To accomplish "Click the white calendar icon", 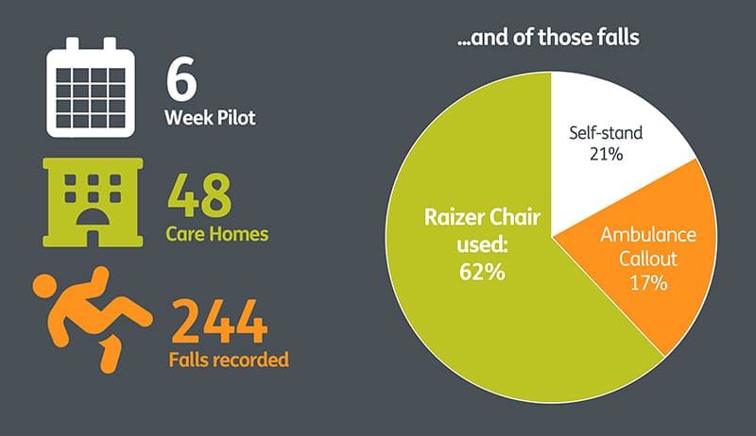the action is [91, 88].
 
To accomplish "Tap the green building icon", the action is [93, 203].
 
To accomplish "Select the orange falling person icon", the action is [93, 319].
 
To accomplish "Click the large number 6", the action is [181, 78].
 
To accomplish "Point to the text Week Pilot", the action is [210, 118].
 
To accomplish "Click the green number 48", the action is [199, 195].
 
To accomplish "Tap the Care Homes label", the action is [217, 234].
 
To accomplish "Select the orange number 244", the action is [218, 321].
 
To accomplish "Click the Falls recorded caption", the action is [229, 360].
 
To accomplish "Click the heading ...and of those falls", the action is [548, 37].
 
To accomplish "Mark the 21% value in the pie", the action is [606, 154].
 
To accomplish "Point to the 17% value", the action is [648, 283].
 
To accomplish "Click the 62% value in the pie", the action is [482, 272].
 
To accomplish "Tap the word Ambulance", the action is [648, 235].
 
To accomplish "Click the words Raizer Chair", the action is [482, 217].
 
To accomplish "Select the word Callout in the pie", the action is [648, 259].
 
